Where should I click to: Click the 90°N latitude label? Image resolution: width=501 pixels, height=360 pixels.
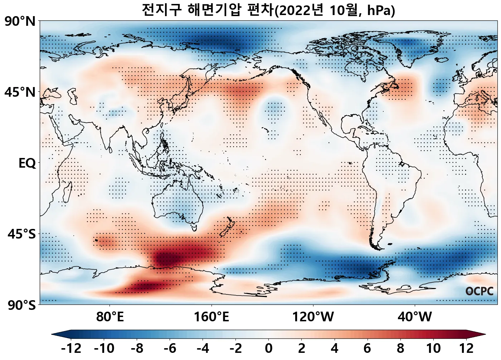[20, 21]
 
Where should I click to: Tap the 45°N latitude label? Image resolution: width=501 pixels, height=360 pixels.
[20, 92]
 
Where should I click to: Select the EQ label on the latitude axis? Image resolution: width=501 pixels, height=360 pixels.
[27, 163]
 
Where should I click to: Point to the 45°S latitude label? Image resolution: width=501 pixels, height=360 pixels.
[21, 234]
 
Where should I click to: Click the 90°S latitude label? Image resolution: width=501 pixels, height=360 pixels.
[21, 305]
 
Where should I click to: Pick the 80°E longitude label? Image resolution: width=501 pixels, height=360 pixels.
[110, 317]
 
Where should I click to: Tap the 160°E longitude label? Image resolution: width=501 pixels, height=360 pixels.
[211, 317]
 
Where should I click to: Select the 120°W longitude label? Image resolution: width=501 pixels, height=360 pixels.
[313, 317]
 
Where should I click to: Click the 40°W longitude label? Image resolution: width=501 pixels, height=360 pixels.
[415, 317]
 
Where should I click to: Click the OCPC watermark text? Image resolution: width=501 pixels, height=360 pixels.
[479, 292]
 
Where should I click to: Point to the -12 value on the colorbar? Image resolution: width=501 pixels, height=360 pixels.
[71, 348]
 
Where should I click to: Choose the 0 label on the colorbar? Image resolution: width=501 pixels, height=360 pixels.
[269, 348]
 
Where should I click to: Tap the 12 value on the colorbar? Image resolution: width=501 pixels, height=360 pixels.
[466, 348]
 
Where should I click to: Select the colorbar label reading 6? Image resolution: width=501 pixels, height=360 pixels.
[368, 348]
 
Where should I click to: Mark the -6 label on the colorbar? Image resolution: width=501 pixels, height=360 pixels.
[170, 348]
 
